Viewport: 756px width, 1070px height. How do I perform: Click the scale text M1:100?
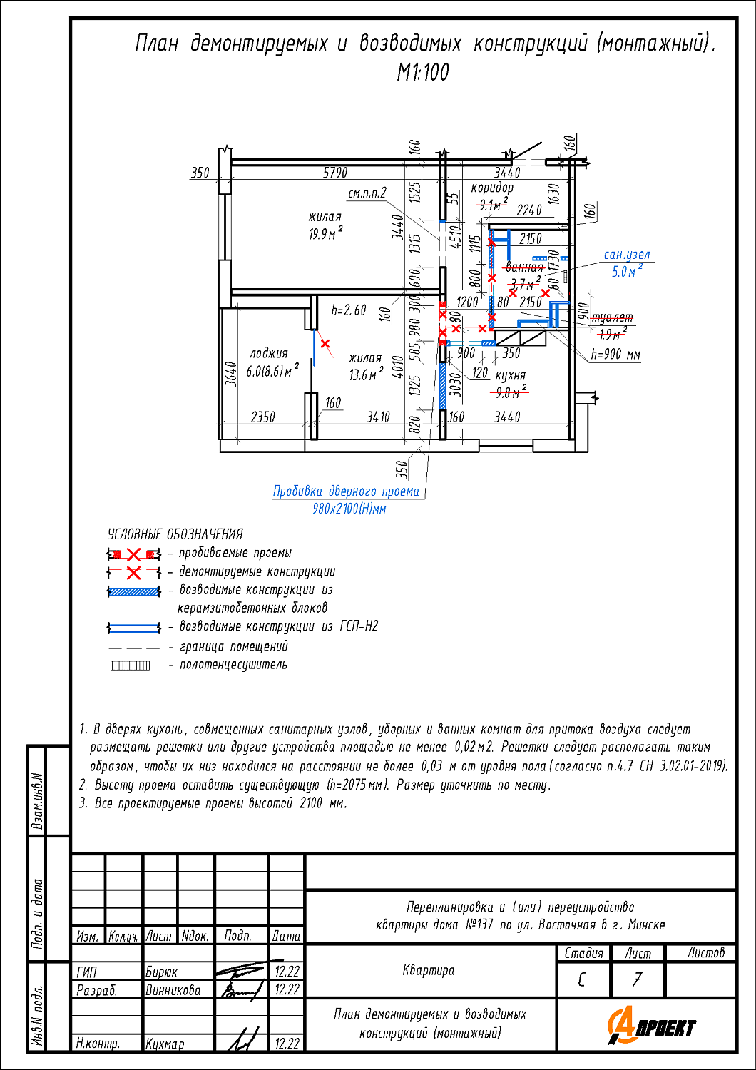pyautogui.click(x=423, y=72)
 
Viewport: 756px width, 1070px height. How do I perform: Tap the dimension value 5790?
pyautogui.click(x=335, y=173)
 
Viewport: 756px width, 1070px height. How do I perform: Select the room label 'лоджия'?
pyautogui.click(x=269, y=353)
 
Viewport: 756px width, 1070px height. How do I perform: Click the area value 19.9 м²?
pyautogui.click(x=325, y=233)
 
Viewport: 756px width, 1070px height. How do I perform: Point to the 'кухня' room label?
pyautogui.click(x=510, y=375)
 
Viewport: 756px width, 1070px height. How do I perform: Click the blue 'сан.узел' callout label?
pyautogui.click(x=627, y=255)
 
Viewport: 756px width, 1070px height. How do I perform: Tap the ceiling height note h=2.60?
pyautogui.click(x=349, y=310)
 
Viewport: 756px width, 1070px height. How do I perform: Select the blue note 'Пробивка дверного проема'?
pyautogui.click(x=346, y=491)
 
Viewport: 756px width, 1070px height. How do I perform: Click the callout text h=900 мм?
pyautogui.click(x=615, y=354)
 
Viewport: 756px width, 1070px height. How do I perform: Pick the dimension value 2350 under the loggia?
pyautogui.click(x=262, y=417)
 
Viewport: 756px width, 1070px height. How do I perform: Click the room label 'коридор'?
pyautogui.click(x=491, y=188)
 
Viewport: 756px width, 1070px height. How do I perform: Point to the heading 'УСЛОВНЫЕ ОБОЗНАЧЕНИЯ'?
pyautogui.click(x=175, y=534)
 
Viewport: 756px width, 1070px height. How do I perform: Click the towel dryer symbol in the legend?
pyautogui.click(x=131, y=666)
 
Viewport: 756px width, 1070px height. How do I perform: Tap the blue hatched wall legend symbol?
pyautogui.click(x=133, y=591)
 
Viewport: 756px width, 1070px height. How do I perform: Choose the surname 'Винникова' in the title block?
pyautogui.click(x=173, y=990)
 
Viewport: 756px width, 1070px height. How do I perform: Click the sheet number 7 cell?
pyautogui.click(x=638, y=979)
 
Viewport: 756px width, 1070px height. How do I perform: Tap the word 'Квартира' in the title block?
pyautogui.click(x=428, y=970)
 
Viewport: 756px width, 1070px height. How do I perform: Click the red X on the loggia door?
pyautogui.click(x=325, y=344)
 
